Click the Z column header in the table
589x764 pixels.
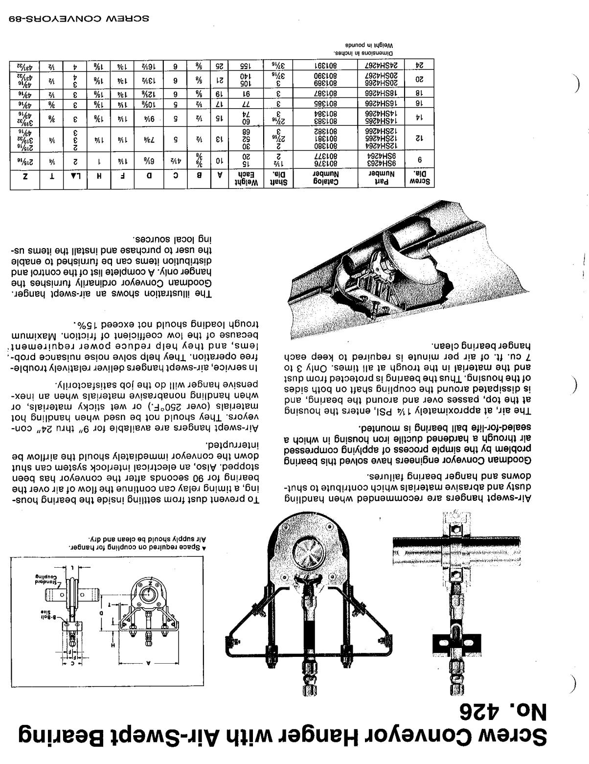[26, 180]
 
